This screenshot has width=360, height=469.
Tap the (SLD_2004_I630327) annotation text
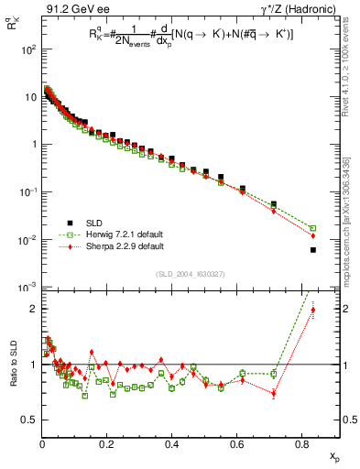[182, 274]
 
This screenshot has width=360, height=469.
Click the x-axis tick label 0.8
[302, 444]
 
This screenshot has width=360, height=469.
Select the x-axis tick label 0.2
[107, 444]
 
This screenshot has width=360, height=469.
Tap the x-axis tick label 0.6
[237, 444]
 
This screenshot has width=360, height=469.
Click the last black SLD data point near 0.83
[312, 250]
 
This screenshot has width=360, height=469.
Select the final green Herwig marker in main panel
[312, 228]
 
